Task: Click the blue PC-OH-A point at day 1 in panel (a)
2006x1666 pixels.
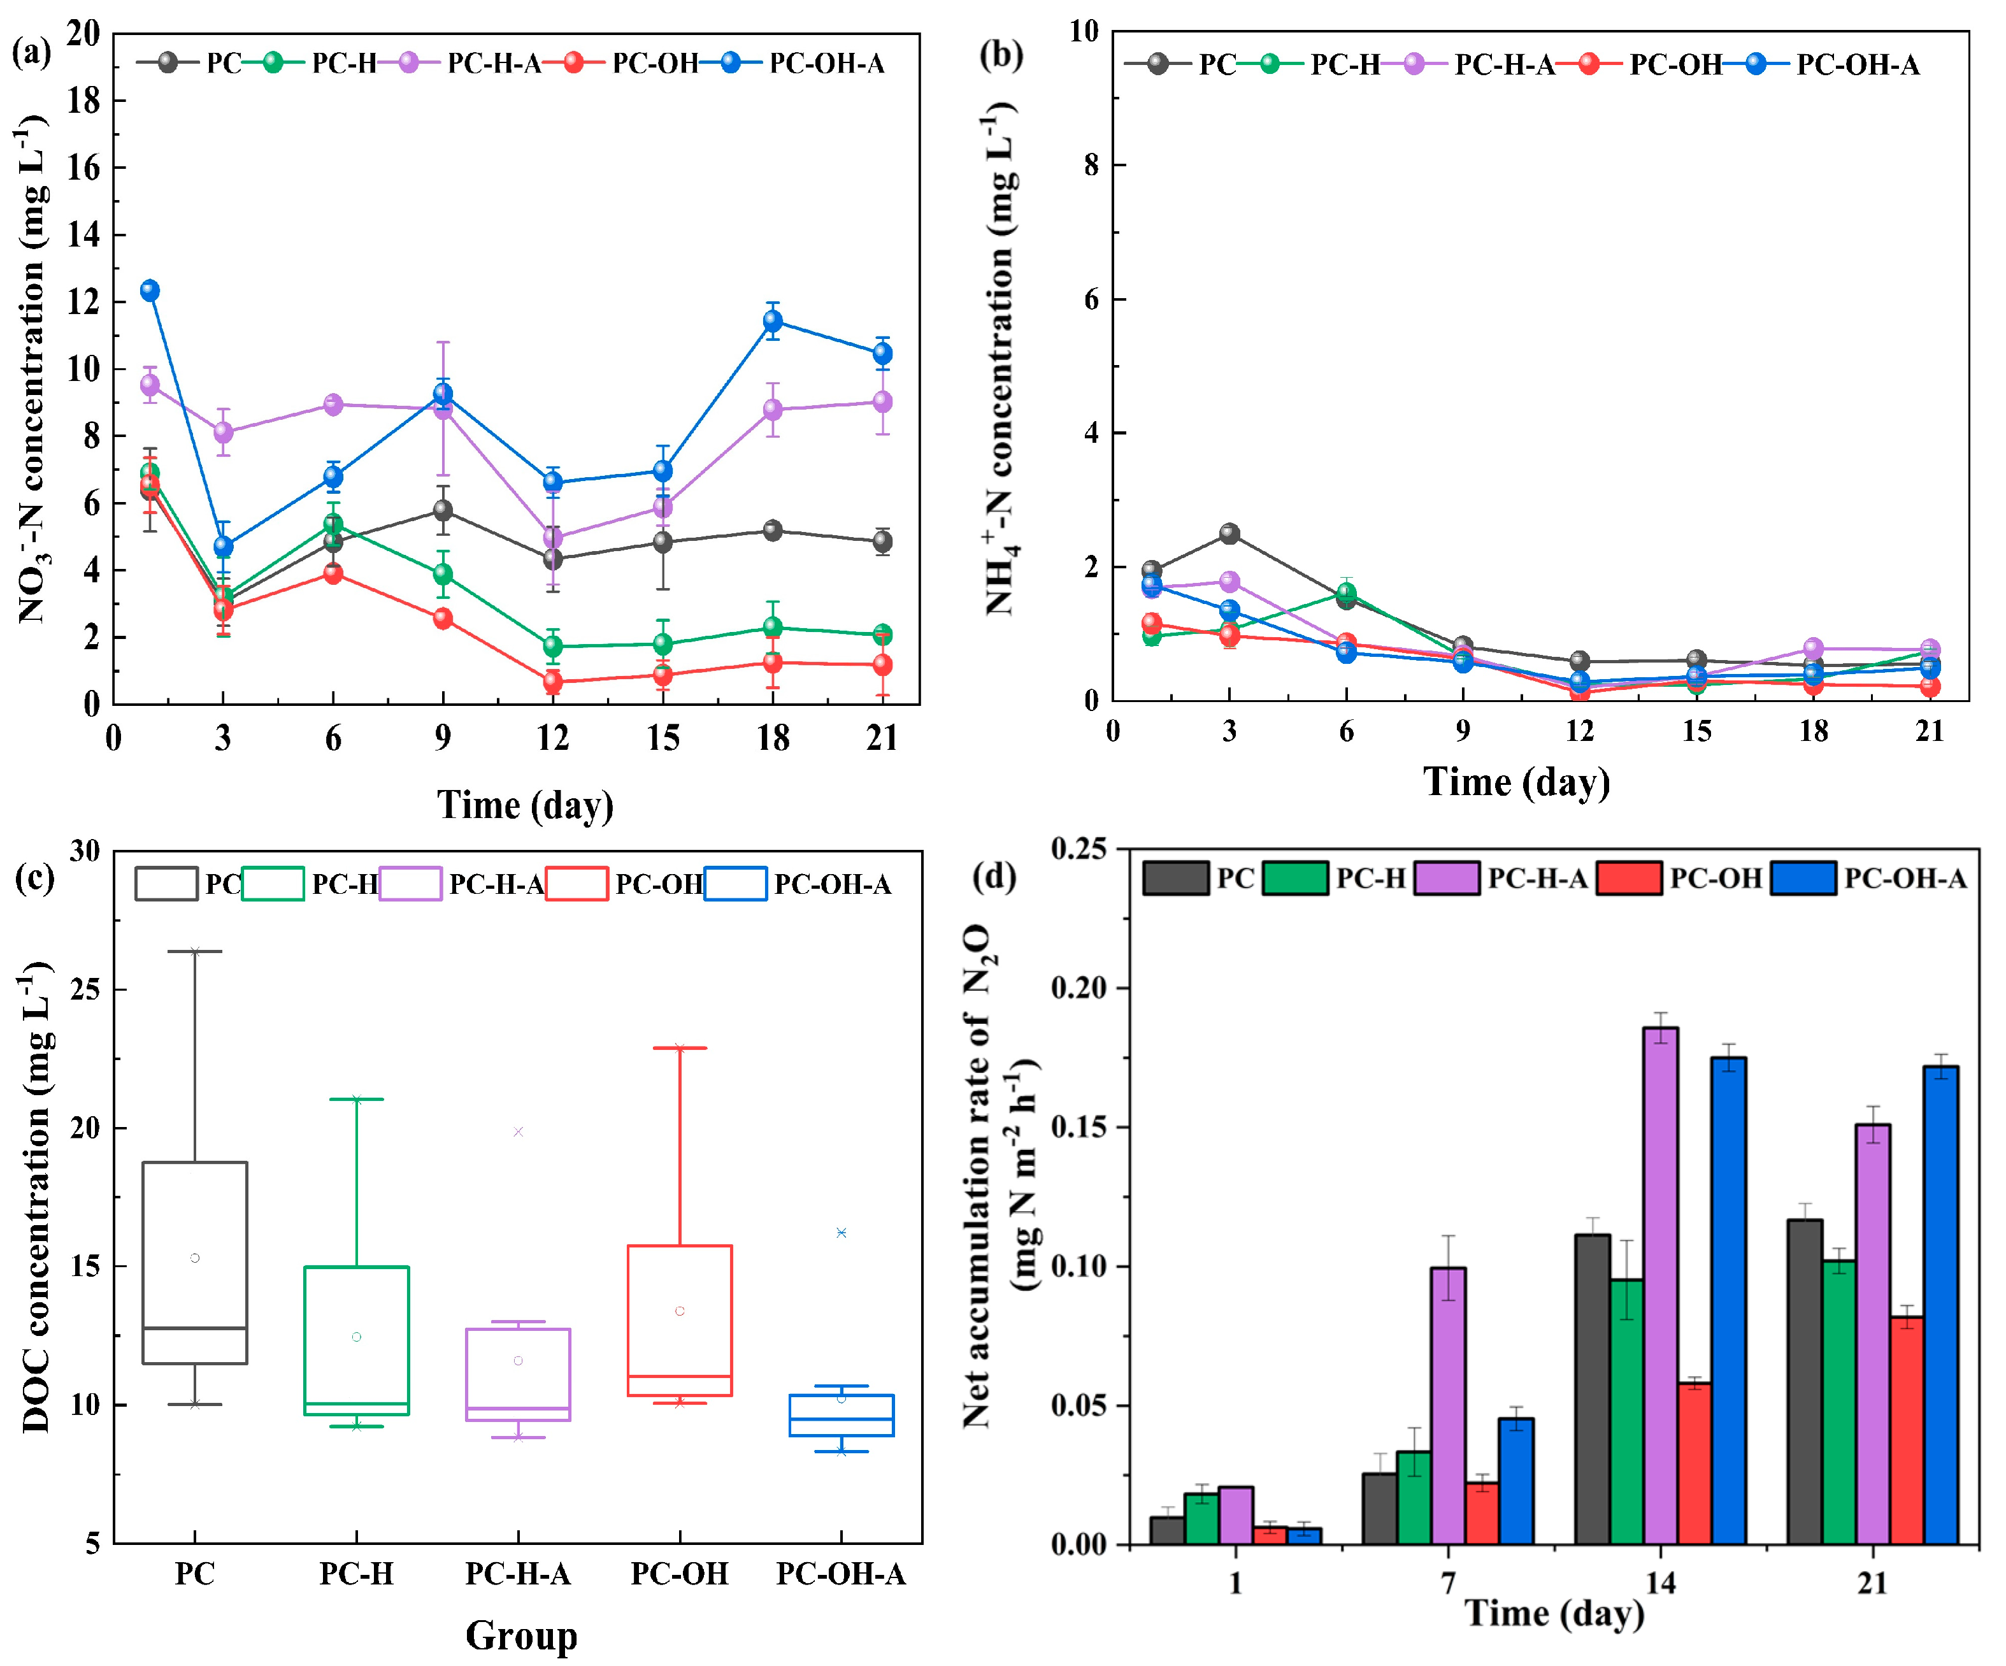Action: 150,291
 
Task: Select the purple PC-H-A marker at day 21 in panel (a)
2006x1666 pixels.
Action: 883,402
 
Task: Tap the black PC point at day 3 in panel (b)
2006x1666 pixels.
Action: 1229,533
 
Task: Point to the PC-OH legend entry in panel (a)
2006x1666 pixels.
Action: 654,63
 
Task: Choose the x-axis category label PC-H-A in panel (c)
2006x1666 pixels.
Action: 518,1574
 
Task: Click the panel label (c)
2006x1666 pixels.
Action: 34,876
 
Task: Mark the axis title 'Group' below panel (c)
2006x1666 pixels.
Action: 522,1635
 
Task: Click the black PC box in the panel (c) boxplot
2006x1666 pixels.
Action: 195,1262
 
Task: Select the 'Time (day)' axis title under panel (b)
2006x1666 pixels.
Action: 1516,782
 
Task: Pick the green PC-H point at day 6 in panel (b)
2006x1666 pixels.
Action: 1346,593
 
